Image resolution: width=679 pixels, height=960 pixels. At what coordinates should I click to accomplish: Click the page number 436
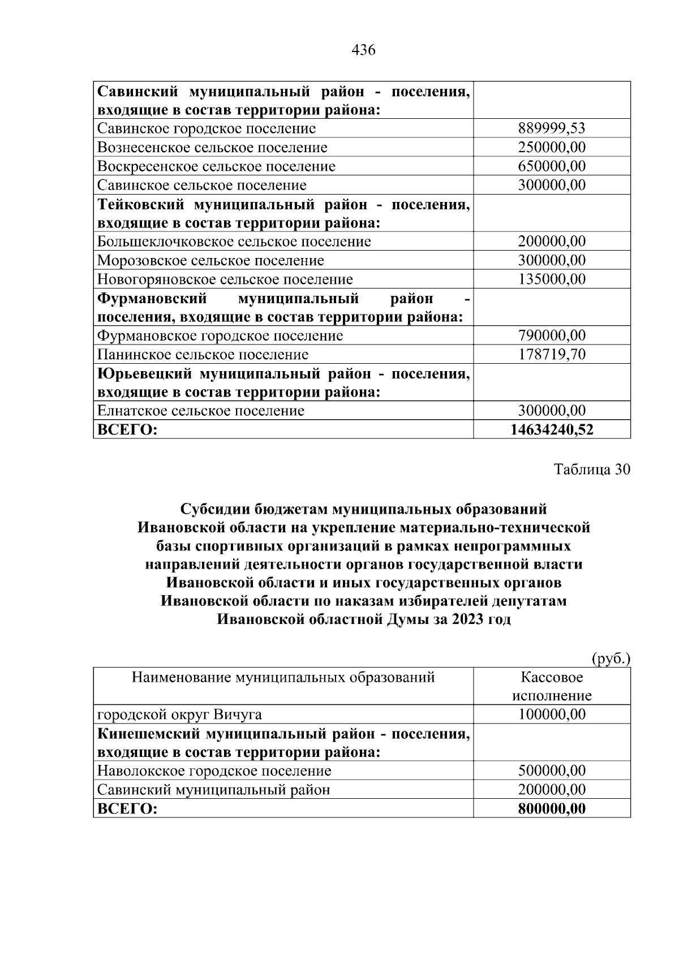tap(363, 50)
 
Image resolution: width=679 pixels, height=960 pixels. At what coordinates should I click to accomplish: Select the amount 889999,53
tap(552, 128)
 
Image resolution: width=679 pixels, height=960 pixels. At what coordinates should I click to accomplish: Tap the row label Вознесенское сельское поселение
tap(212, 148)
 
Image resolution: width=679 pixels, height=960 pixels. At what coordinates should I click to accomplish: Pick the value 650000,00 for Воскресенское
tap(552, 166)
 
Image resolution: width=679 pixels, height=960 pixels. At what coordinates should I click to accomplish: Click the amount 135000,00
tap(552, 279)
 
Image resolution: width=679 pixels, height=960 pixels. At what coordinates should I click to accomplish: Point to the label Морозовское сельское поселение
tap(210, 260)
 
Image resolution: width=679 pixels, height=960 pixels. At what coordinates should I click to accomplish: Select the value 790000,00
tap(552, 335)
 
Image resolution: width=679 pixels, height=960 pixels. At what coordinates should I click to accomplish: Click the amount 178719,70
tap(552, 355)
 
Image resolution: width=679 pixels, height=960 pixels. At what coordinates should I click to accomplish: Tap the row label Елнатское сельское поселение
tap(201, 411)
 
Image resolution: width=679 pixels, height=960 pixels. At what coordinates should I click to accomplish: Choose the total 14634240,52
tap(552, 430)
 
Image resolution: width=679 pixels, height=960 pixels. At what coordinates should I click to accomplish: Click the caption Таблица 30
tap(591, 470)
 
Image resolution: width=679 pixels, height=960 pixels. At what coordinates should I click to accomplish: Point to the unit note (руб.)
tap(611, 658)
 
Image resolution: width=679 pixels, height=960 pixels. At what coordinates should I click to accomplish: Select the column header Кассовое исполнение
tap(552, 686)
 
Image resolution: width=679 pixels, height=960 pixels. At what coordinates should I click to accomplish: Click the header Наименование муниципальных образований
tap(283, 677)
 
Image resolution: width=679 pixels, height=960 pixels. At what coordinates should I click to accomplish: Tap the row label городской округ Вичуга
tap(179, 714)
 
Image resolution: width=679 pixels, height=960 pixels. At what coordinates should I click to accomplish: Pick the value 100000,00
tap(552, 714)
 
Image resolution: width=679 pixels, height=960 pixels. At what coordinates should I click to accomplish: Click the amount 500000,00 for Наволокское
tap(552, 770)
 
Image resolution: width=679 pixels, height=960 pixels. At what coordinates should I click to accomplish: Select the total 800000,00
tap(552, 808)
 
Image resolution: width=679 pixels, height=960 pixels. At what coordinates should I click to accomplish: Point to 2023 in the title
tap(467, 619)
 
